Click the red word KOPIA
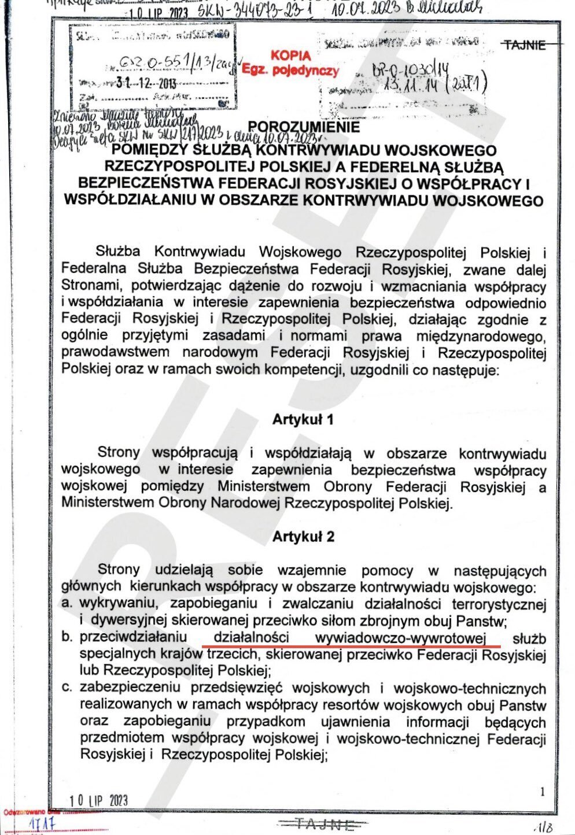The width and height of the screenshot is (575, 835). (290, 56)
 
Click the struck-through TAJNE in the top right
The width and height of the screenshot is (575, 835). (525, 45)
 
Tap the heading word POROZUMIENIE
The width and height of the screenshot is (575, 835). (304, 126)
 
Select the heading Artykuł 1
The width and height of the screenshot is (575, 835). (303, 420)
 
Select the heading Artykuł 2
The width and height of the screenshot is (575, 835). (303, 537)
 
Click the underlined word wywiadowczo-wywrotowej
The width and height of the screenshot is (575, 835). (400, 637)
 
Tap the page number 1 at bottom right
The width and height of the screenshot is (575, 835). (542, 792)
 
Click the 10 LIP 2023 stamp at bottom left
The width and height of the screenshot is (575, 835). (98, 800)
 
